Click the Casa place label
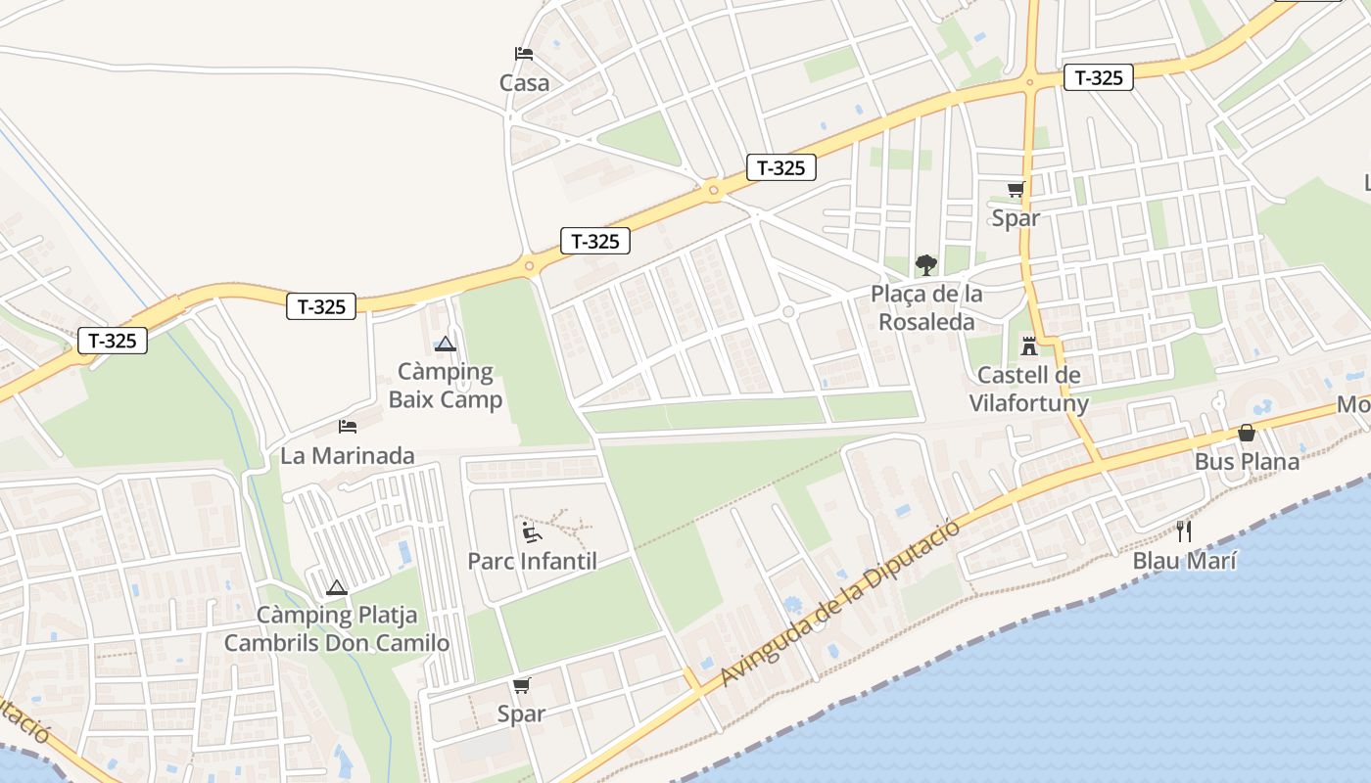(x=524, y=83)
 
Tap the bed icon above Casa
(x=524, y=54)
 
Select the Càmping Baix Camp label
(x=446, y=386)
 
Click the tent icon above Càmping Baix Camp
(x=446, y=344)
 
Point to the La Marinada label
(x=347, y=456)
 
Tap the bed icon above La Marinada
(x=347, y=426)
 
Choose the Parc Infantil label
(x=532, y=562)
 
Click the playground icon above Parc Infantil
(x=532, y=531)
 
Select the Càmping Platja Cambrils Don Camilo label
(x=337, y=629)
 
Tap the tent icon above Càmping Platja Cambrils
(x=337, y=587)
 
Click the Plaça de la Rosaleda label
(x=926, y=308)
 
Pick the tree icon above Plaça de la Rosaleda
(x=925, y=264)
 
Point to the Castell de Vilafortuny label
(x=1029, y=389)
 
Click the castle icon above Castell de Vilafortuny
(x=1029, y=345)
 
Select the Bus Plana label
(x=1247, y=462)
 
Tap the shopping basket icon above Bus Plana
(x=1247, y=432)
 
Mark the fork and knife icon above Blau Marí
(x=1184, y=531)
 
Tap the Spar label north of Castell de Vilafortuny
(x=1016, y=218)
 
